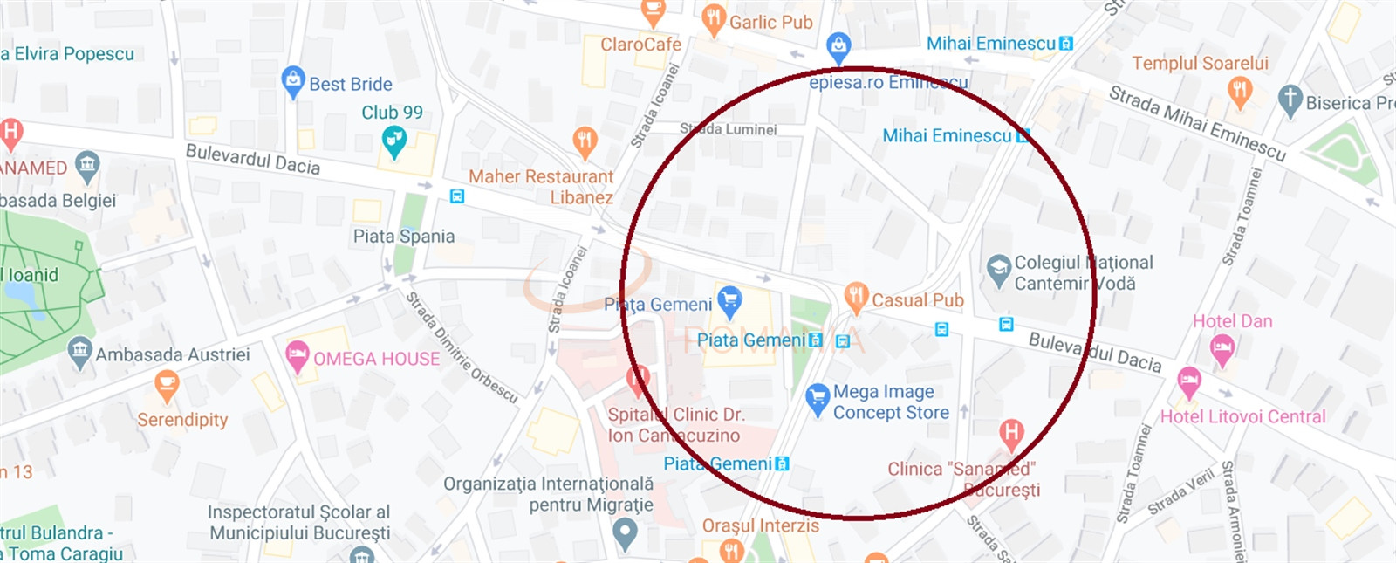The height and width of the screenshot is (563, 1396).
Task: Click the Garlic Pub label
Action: [770, 23]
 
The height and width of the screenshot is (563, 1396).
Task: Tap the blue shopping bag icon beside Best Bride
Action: [293, 81]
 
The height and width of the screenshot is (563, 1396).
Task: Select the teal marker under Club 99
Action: [394, 141]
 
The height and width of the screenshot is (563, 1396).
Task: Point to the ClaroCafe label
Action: [640, 45]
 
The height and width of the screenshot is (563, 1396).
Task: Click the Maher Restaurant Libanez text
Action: [541, 187]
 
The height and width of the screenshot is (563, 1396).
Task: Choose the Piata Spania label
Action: [403, 237]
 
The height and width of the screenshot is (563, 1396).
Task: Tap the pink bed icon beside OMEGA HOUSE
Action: [298, 355]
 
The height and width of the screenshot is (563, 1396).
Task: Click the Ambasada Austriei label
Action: [172, 355]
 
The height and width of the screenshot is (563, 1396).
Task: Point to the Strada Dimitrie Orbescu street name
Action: [462, 347]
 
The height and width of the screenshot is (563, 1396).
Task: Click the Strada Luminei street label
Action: [728, 129]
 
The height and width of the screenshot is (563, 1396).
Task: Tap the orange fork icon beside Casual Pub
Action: [856, 297]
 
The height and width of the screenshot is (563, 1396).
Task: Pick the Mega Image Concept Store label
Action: [890, 402]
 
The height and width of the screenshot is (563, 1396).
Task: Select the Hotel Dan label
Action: [1232, 321]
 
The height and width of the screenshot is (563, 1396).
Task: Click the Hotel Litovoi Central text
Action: [1242, 417]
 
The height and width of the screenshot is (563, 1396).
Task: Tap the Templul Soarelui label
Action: [1200, 64]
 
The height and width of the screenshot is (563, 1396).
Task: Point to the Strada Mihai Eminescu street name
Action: [1197, 123]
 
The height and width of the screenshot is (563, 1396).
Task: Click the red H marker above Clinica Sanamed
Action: [1011, 432]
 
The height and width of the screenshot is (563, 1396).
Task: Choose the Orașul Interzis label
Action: [760, 526]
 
